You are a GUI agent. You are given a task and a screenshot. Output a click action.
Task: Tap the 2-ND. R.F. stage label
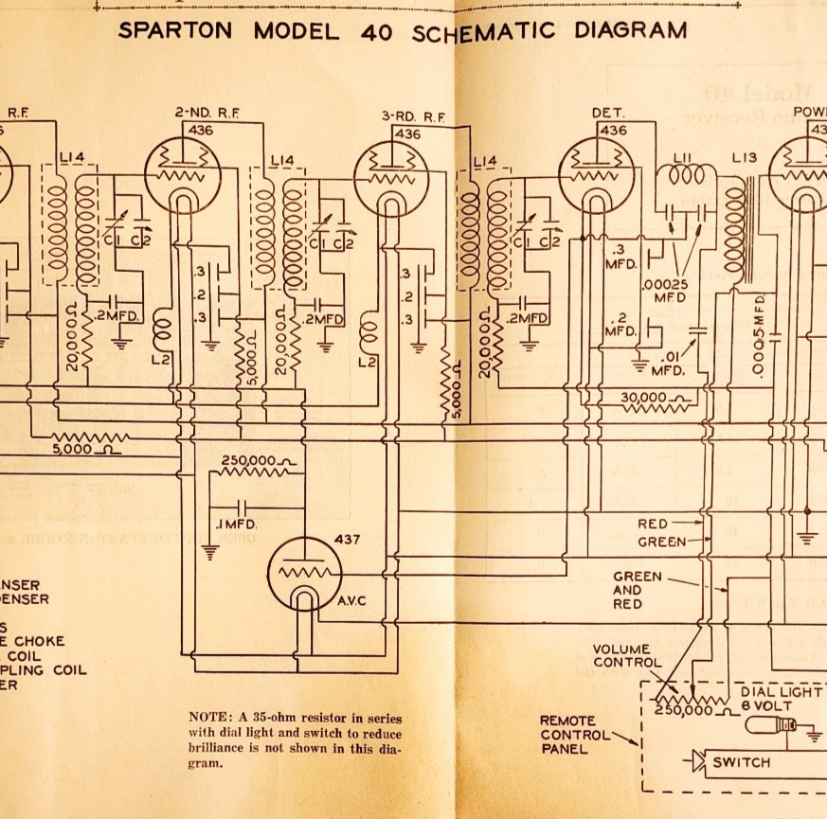(x=207, y=112)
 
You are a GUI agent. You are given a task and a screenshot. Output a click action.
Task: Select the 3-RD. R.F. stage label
(x=413, y=116)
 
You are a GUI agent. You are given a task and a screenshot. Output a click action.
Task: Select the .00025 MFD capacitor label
(x=669, y=290)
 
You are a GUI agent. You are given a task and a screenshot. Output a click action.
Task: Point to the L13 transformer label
(x=745, y=158)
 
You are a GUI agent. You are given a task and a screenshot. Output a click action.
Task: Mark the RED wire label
(x=653, y=524)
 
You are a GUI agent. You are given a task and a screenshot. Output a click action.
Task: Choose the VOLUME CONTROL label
(x=628, y=655)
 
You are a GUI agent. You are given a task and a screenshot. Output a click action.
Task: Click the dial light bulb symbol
(x=766, y=726)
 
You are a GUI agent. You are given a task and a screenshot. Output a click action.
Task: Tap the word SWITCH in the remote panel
(x=742, y=762)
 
